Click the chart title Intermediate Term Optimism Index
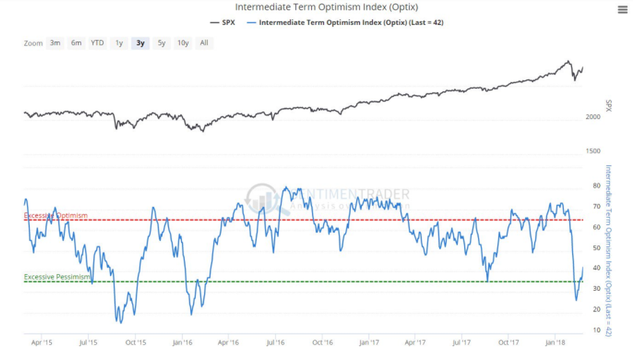318,7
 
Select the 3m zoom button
55,43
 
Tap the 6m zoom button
76,43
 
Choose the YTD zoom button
98,43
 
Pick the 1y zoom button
119,43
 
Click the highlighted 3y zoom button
140,43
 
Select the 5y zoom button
161,43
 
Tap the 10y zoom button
183,43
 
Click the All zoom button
204,43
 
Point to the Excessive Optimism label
56,216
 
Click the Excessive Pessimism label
57,277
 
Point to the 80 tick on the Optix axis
596,186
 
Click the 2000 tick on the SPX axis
594,117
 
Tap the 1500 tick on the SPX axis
594,151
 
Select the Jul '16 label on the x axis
276,342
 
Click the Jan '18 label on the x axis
556,342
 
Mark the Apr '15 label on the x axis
42,342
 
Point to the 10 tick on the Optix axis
596,330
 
